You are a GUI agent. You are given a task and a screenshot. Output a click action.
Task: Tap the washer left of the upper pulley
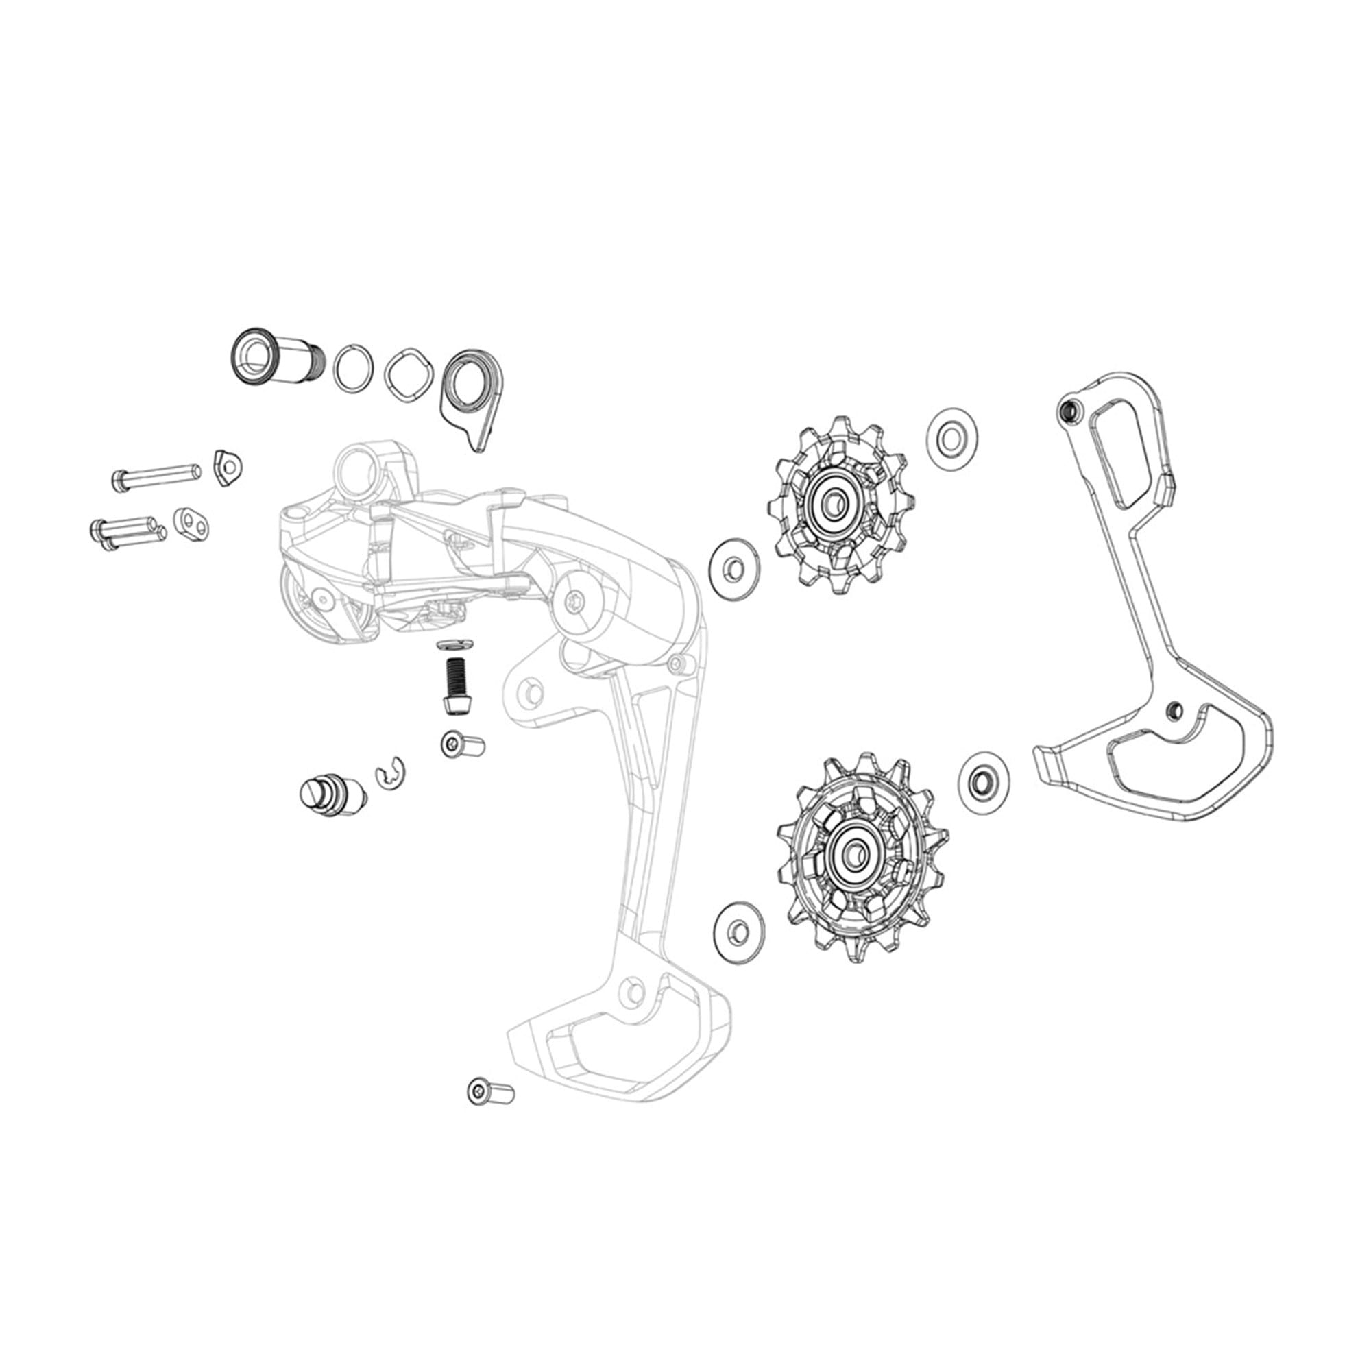pyautogui.click(x=733, y=568)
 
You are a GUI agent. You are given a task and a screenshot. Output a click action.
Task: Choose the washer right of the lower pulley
pyautogui.click(x=983, y=782)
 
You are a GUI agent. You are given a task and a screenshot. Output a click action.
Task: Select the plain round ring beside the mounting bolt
pyautogui.click(x=354, y=367)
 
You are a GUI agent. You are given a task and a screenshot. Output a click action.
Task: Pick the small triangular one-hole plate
pyautogui.click(x=228, y=467)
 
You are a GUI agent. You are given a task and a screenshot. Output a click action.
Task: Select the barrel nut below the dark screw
pyautogui.click(x=462, y=744)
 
